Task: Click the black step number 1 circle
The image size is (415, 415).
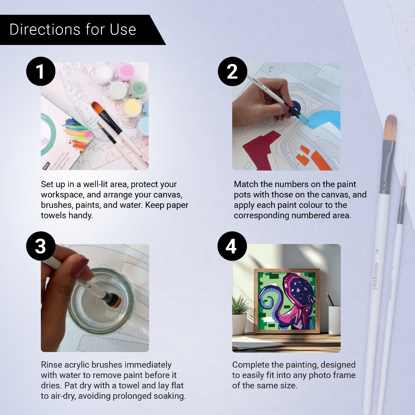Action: click(x=41, y=71)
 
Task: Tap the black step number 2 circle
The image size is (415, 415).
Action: click(x=232, y=71)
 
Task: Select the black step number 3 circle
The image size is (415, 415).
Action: click(x=41, y=246)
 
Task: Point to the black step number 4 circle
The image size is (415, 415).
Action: click(x=232, y=246)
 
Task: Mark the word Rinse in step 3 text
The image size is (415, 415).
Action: click(x=52, y=365)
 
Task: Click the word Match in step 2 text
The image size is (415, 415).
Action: click(x=246, y=184)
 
